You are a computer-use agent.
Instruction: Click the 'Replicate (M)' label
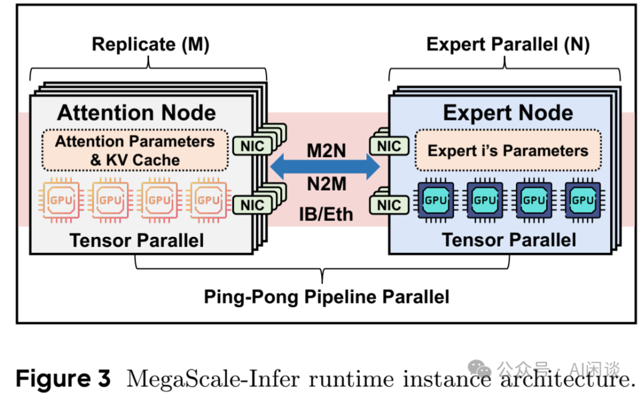pyautogui.click(x=150, y=45)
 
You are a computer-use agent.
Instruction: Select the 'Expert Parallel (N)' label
pyautogui.click(x=508, y=45)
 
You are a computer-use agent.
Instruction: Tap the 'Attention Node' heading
pyautogui.click(x=137, y=113)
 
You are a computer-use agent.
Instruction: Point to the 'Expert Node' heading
pyautogui.click(x=508, y=113)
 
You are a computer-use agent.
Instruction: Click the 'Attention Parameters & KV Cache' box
pyautogui.click(x=135, y=150)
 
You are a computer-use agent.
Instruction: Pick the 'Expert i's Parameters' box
pyautogui.click(x=508, y=150)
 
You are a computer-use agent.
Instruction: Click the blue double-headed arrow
pyautogui.click(x=325, y=168)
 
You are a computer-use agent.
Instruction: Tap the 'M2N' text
pyautogui.click(x=326, y=150)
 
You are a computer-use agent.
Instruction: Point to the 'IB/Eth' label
pyautogui.click(x=326, y=213)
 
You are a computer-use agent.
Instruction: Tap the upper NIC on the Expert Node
pyautogui.click(x=389, y=146)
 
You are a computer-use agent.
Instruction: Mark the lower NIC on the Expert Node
pyautogui.click(x=389, y=205)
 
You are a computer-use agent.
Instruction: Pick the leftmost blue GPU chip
pyautogui.click(x=436, y=201)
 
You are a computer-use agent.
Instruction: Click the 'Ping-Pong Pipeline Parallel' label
pyautogui.click(x=326, y=296)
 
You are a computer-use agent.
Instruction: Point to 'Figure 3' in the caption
pyautogui.click(x=63, y=378)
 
